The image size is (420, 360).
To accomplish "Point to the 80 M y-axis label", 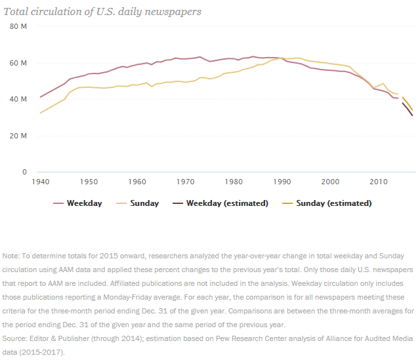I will coord(18,26).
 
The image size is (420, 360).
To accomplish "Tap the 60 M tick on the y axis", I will coord(18,63).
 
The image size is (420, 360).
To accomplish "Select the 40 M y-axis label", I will coord(18,99).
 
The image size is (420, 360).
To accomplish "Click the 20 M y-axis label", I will coord(18,136).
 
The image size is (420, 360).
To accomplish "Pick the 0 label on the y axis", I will coord(24,172).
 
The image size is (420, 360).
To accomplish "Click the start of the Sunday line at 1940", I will coord(40,113).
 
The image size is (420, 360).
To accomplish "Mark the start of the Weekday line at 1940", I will coord(40,97).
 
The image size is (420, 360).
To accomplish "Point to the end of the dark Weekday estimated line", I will coord(413,116).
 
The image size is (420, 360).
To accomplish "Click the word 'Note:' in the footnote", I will coord(11,255).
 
